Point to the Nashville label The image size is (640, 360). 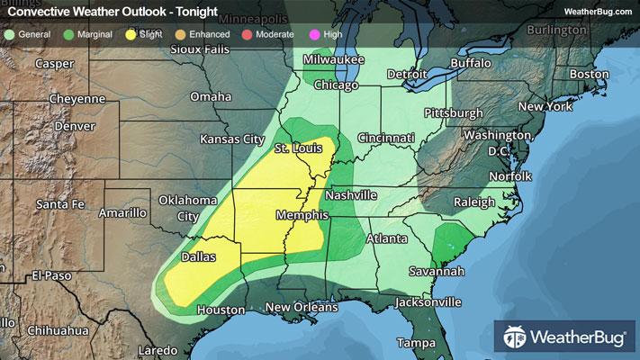click(x=350, y=195)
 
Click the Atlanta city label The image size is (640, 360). click(x=388, y=239)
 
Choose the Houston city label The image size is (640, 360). click(x=221, y=310)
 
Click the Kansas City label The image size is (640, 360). click(x=231, y=140)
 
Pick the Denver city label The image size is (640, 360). click(x=74, y=126)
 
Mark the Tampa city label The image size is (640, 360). click(x=416, y=344)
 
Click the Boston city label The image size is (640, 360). click(x=590, y=74)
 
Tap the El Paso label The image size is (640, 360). click(x=51, y=275)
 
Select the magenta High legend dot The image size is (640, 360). click(x=313, y=34)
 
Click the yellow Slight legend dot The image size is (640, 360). click(x=131, y=34)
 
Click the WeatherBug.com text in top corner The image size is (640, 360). click(x=597, y=11)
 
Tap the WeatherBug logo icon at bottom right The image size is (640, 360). click(x=516, y=337)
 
